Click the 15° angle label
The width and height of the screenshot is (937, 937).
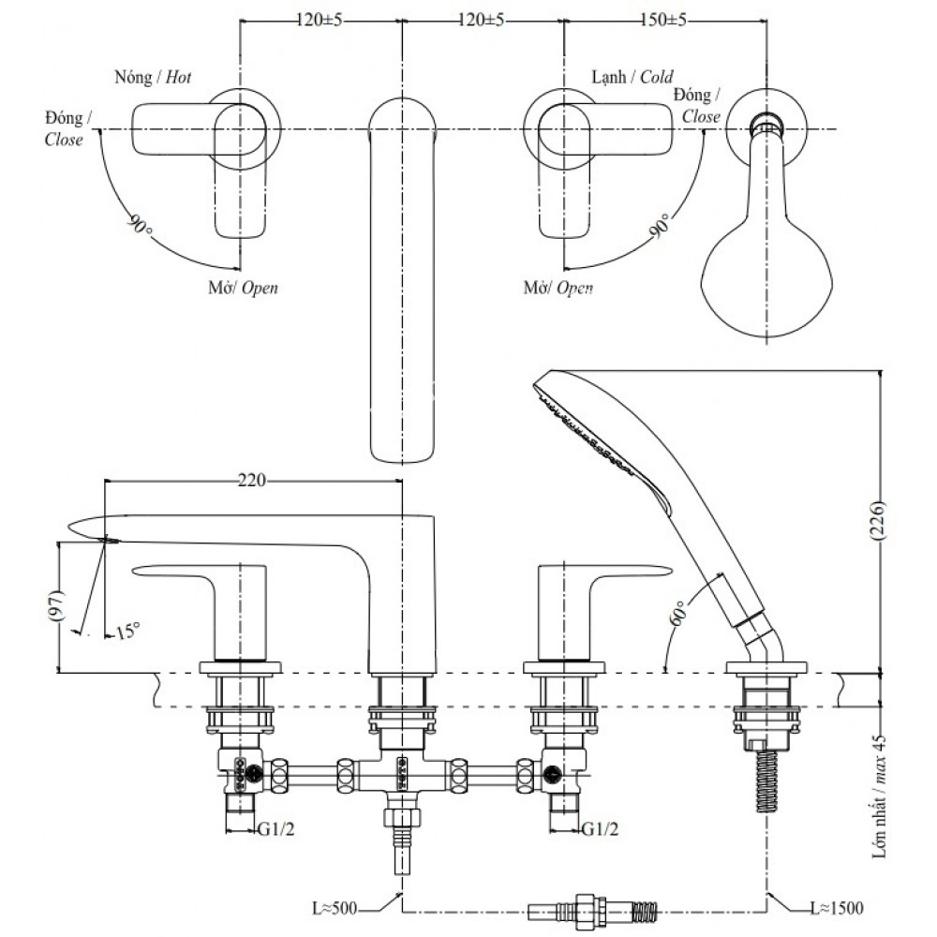tap(126, 631)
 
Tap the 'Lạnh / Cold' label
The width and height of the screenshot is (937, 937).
tap(632, 77)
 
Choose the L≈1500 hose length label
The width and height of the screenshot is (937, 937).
tap(836, 907)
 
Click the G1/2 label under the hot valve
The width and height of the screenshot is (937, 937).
tap(279, 829)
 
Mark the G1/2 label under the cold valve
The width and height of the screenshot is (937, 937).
tap(600, 829)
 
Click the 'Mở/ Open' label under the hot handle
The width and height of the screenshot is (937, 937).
tap(243, 288)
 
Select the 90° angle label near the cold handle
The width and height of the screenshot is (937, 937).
tap(662, 225)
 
